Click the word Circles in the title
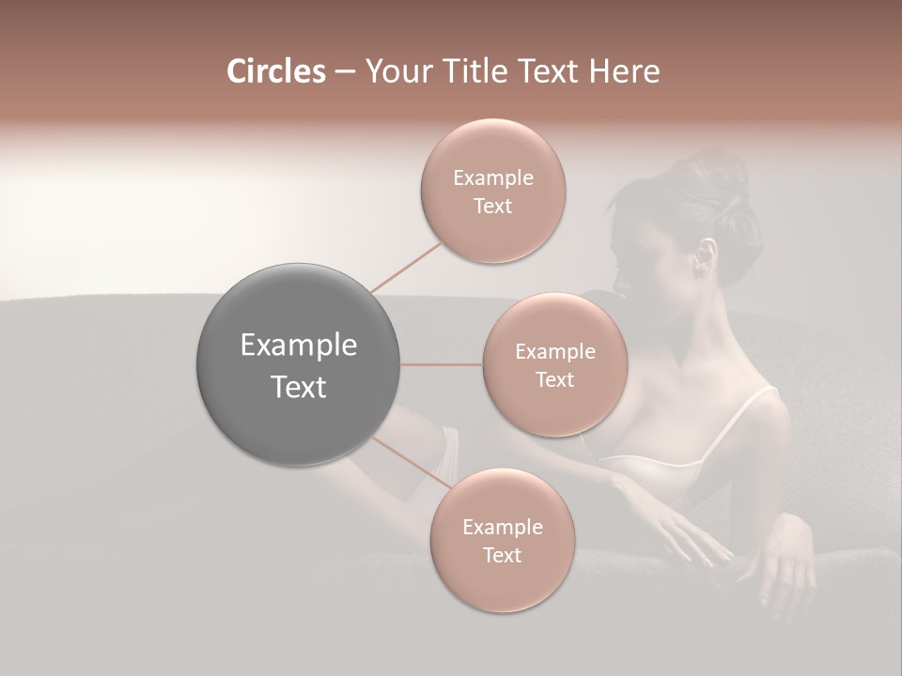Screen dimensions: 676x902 tap(275, 71)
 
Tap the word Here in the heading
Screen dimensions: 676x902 tap(626, 71)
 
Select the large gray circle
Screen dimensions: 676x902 tap(298, 364)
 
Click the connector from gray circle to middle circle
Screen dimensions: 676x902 tap(442, 364)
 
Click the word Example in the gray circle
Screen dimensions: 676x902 tap(298, 346)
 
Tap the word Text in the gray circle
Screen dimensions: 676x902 tap(298, 387)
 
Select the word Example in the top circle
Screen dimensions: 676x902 tap(492, 178)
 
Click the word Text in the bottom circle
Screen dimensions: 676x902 tap(502, 556)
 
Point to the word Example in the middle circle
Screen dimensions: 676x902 tap(554, 352)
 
